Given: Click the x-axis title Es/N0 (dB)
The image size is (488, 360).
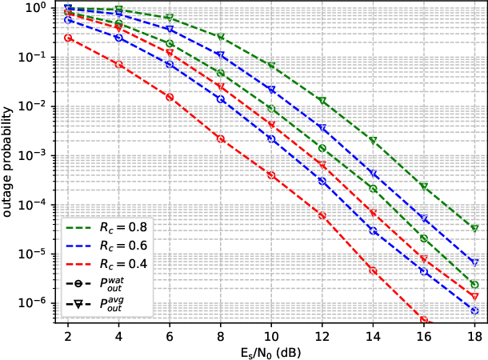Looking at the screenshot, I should tap(271, 350).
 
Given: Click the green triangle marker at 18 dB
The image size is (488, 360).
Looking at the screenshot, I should tap(474, 229).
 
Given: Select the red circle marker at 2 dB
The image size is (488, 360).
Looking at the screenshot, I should tap(68, 38).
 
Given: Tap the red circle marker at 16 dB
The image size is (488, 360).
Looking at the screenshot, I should tap(424, 321).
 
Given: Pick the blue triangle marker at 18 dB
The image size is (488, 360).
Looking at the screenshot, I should tap(474, 262).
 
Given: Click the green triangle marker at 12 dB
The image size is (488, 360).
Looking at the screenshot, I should tap(322, 101).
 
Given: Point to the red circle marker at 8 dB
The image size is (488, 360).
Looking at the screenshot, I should tap(221, 138).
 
